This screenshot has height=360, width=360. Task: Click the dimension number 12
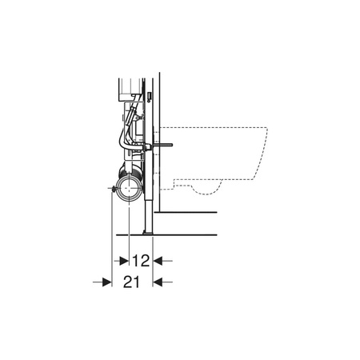141,261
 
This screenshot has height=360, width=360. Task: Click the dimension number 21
131,282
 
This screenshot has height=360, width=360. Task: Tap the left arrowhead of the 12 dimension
124,261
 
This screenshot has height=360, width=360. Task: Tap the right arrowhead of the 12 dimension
158,261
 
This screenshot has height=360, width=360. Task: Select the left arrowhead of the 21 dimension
107,282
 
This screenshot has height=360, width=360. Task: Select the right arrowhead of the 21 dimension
158,282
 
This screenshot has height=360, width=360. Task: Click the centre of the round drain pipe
130,188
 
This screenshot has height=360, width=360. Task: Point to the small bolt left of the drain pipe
114,188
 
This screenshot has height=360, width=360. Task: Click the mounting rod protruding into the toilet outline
162,146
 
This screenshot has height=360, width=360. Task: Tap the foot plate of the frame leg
148,233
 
